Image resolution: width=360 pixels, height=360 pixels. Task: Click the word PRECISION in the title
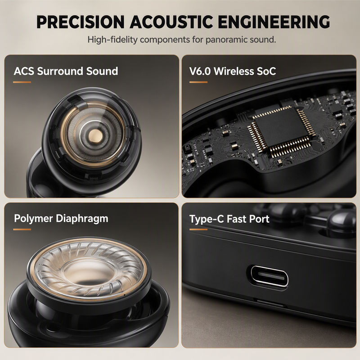81,22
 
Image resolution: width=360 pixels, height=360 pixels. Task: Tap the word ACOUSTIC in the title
172,22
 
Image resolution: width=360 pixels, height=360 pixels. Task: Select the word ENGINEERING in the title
274,22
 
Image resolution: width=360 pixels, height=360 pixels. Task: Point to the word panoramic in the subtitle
224,40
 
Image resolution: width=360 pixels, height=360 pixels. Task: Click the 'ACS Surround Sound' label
66,71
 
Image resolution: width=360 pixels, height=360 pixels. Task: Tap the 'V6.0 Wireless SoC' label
233,71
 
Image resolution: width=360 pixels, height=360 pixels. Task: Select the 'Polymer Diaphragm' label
61,219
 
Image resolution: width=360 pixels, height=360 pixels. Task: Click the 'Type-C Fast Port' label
229,219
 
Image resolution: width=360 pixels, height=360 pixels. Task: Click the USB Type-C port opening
270,276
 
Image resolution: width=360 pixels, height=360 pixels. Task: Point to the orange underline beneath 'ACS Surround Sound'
22,82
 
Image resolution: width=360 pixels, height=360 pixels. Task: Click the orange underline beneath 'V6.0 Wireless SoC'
198,82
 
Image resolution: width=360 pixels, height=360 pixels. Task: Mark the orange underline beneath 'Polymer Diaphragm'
22,229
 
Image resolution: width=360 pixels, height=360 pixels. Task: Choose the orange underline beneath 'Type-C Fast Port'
198,229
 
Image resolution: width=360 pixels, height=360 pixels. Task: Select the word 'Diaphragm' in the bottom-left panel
82,219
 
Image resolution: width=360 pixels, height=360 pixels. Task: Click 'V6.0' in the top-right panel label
200,71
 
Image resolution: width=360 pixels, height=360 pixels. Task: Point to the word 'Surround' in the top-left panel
60,71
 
